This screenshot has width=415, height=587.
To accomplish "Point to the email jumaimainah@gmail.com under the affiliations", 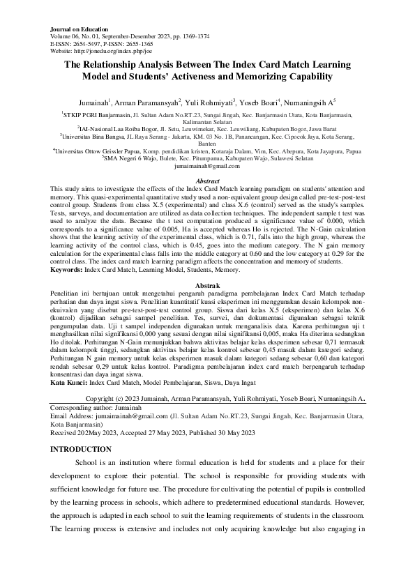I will [207, 167].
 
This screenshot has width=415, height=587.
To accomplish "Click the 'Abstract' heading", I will [207, 181].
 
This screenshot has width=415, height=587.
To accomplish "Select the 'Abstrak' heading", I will [207, 287].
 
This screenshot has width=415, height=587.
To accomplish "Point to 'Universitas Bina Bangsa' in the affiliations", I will [96, 136].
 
